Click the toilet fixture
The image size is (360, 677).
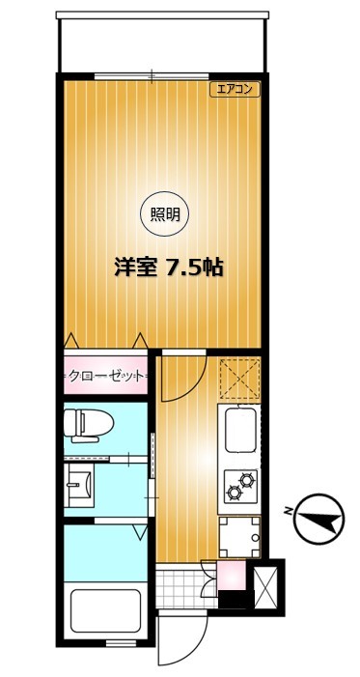pyautogui.click(x=88, y=423)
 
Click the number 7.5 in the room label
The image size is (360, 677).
pyautogui.click(x=191, y=268)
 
